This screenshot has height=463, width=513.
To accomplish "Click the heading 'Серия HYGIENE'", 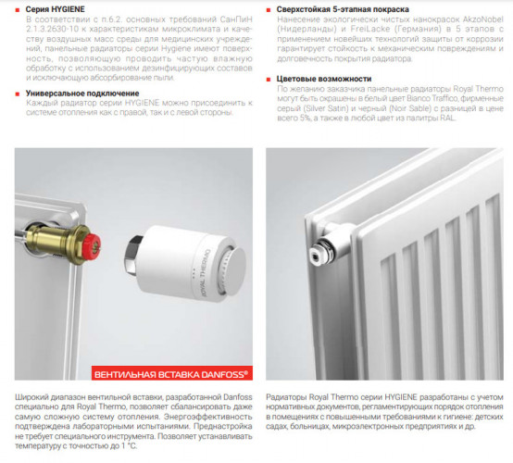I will point(56,8).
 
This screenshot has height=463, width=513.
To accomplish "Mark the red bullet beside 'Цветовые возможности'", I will point(269,79).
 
